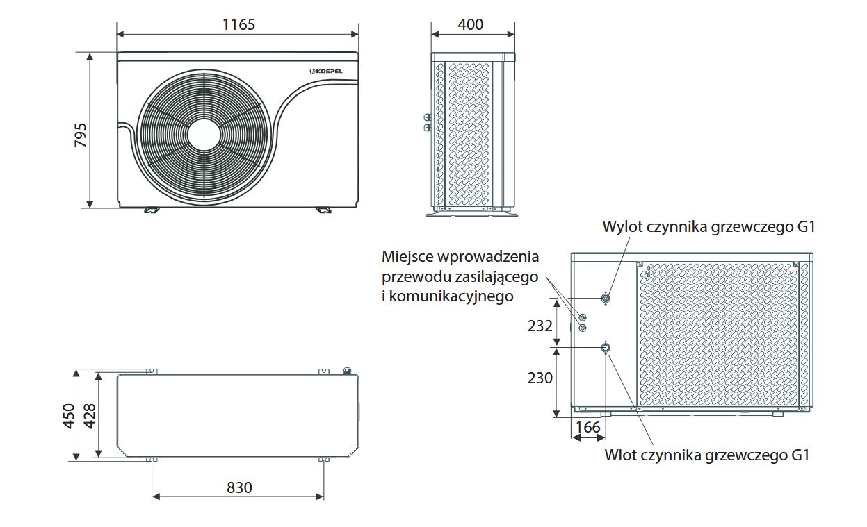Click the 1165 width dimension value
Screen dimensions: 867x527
238,25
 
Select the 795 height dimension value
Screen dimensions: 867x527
81,135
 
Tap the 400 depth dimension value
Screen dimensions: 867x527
470,25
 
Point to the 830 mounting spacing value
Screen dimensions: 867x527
239,487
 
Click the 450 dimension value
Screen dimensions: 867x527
69,416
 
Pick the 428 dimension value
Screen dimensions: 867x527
90,416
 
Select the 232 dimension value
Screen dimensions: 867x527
540,326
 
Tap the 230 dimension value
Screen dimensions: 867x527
540,378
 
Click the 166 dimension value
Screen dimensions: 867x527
588,427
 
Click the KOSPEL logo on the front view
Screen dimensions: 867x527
326,71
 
